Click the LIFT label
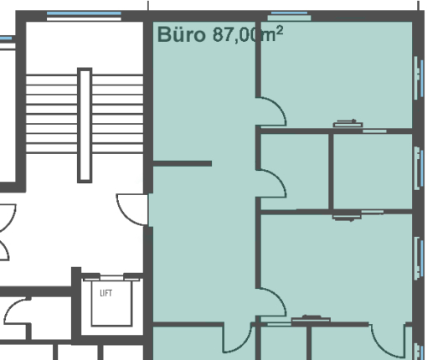pos(106,293)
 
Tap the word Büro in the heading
pos(182,34)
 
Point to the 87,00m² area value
pos(248,34)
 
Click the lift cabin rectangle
pos(111,303)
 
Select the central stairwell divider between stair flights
pos(85,125)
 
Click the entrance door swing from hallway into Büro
pos(132,209)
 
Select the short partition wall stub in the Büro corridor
pos(183,163)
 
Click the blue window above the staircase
pos(84,13)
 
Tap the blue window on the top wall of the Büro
pos(289,13)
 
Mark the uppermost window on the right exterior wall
pos(419,78)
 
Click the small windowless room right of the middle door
pos(295,172)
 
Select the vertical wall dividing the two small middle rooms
pos(331,172)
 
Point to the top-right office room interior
pos(337,75)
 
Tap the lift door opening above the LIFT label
pos(111,278)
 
